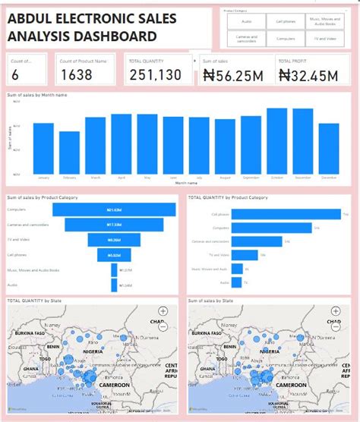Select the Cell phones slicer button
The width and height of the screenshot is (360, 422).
point(286,22)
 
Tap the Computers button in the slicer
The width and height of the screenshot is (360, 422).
point(286,37)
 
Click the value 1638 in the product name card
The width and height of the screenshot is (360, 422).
point(77,74)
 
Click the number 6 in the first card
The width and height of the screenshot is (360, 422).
point(16,74)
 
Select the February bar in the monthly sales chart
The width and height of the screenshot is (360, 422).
point(69,153)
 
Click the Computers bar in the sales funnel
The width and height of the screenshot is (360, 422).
point(115,209)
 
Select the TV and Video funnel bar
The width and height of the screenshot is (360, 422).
point(115,240)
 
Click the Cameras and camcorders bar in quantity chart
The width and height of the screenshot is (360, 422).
point(257,241)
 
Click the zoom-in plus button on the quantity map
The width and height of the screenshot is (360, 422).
point(163,311)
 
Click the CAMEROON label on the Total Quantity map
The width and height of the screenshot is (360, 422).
point(114,386)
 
